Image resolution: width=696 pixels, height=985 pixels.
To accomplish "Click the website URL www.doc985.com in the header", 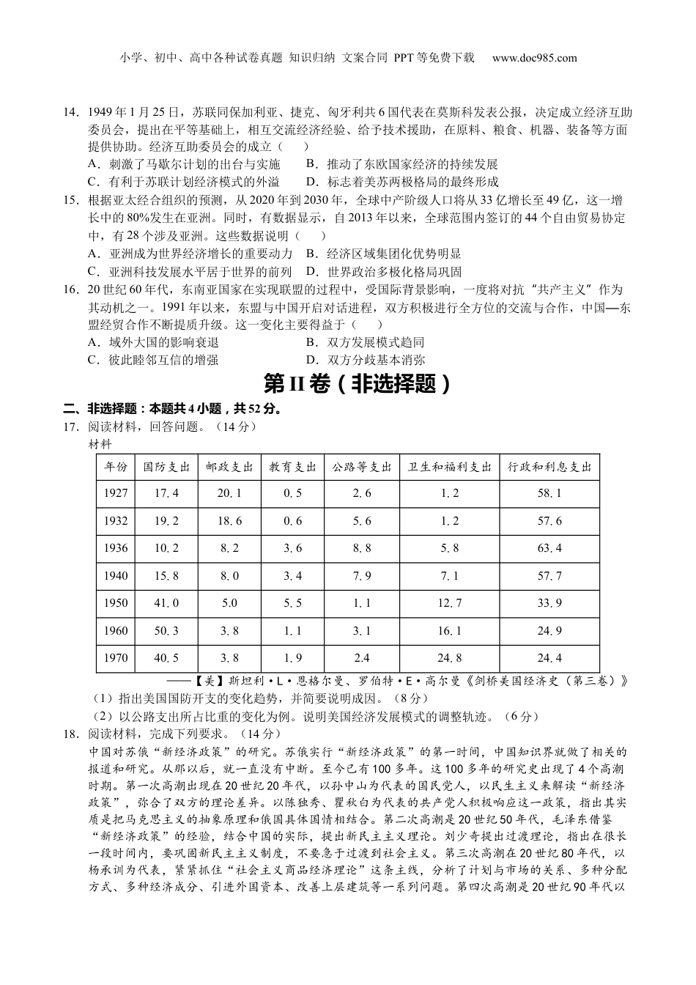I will click(x=534, y=59).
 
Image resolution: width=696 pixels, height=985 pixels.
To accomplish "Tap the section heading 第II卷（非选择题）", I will click(x=355, y=384).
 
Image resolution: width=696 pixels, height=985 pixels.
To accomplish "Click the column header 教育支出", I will click(x=292, y=467).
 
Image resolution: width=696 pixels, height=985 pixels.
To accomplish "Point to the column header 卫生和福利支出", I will click(x=449, y=467).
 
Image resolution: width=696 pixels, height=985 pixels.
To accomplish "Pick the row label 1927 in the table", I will click(x=116, y=493).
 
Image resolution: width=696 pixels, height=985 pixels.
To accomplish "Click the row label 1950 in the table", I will click(x=116, y=603).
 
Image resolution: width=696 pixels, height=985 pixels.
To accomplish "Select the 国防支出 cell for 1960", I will click(x=166, y=630).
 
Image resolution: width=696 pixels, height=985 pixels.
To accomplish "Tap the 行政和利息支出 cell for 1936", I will click(x=549, y=548).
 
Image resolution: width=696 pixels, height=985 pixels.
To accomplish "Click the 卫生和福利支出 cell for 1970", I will click(x=449, y=658).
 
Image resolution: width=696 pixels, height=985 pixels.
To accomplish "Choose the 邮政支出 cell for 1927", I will click(x=229, y=493).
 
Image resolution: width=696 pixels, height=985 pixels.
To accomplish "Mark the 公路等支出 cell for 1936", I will click(x=362, y=548).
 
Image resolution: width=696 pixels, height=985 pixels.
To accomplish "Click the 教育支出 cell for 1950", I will click(x=292, y=603).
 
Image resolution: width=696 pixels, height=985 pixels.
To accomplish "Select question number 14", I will click(x=72, y=113).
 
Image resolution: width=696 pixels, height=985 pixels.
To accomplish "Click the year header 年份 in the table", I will click(x=116, y=467).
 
